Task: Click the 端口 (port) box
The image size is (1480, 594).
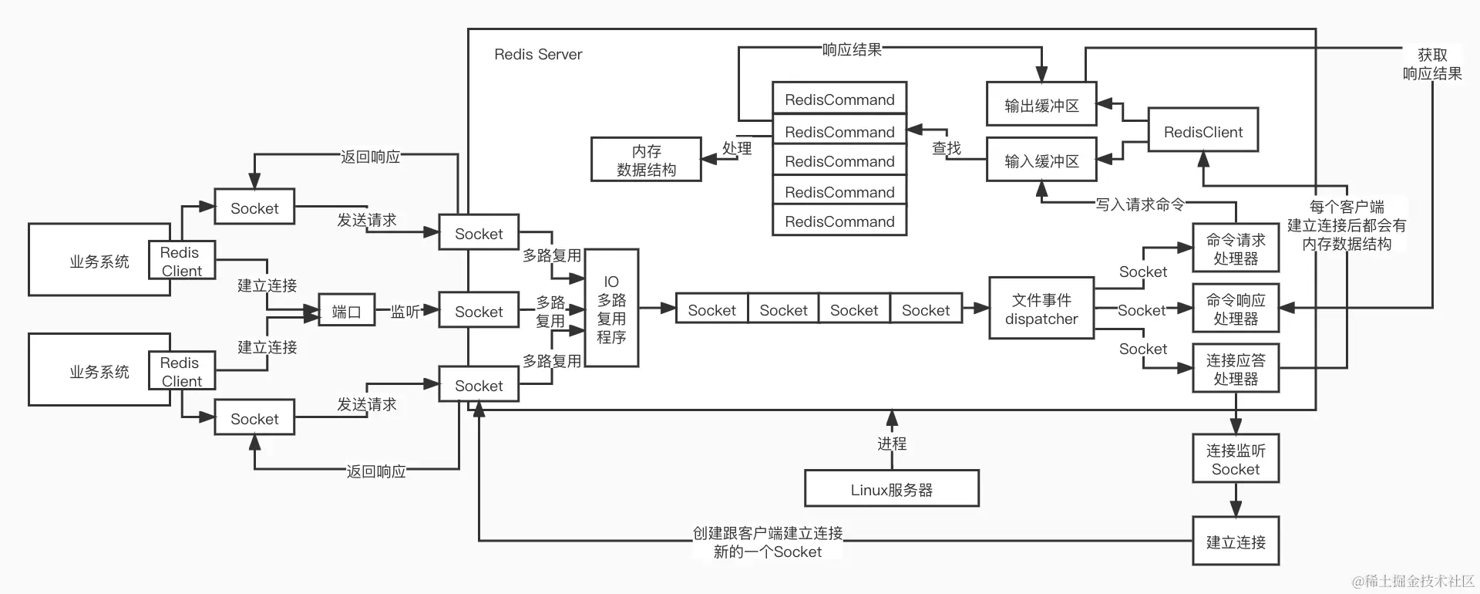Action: [x=346, y=312]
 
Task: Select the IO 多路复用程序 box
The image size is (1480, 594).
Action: [x=611, y=309]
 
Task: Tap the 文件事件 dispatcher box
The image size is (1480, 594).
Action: [x=1041, y=309]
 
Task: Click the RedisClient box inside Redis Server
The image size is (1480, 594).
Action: [x=1202, y=132]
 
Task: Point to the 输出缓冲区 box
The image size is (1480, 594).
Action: [x=1041, y=106]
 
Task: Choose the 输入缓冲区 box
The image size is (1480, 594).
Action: [x=1041, y=161]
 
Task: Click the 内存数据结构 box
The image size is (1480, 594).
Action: [x=646, y=160]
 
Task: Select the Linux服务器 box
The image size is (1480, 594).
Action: [x=891, y=489]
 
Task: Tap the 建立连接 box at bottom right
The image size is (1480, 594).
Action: [x=1236, y=542]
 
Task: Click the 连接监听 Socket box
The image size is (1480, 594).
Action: [x=1236, y=460]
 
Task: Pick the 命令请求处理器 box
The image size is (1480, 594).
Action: [x=1236, y=249]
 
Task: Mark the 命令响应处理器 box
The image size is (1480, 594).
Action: [x=1236, y=309]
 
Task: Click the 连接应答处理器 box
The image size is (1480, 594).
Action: [x=1236, y=369]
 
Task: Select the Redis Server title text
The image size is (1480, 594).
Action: [x=538, y=54]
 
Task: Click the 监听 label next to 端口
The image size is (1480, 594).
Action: [x=405, y=312]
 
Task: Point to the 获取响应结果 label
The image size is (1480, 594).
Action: [x=1431, y=64]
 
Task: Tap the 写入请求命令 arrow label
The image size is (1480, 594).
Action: [x=1139, y=204]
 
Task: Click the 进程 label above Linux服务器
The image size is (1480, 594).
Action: [x=891, y=444]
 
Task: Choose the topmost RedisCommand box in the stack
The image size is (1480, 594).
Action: [x=839, y=100]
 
